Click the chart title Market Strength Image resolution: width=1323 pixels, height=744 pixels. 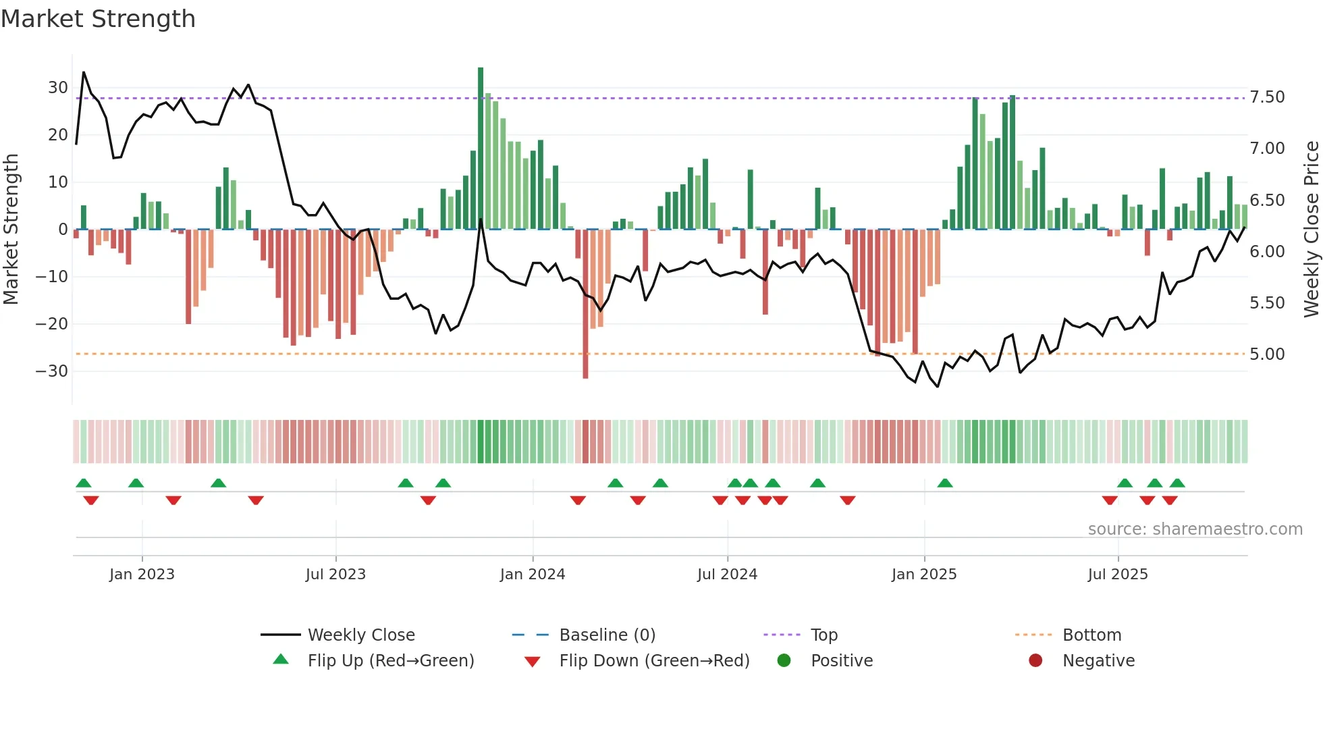pyautogui.click(x=98, y=19)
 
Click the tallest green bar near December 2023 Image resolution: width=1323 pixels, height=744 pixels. pyautogui.click(x=481, y=149)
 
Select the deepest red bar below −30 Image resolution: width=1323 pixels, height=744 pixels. pyautogui.click(x=585, y=304)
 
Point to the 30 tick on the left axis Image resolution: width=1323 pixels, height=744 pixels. pyautogui.click(x=58, y=88)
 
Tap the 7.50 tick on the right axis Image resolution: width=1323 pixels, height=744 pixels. pyautogui.click(x=1267, y=97)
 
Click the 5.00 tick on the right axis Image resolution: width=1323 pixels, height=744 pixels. pyautogui.click(x=1267, y=354)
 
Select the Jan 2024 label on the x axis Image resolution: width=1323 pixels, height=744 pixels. pyautogui.click(x=533, y=575)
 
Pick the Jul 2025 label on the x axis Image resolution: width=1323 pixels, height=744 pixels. pyautogui.click(x=1118, y=575)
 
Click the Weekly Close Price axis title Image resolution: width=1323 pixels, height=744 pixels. pyautogui.click(x=1311, y=230)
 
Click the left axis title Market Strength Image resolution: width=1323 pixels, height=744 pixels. pyautogui.click(x=11, y=230)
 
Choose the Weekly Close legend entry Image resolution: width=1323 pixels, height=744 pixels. pyautogui.click(x=361, y=635)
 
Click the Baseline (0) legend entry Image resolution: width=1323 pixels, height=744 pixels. pyautogui.click(x=607, y=635)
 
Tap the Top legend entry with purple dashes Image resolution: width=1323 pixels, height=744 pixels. pyautogui.click(x=823, y=635)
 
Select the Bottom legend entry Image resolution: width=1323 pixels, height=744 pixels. pyautogui.click(x=1091, y=635)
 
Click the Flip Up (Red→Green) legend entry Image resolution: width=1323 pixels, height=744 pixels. pyautogui.click(x=390, y=661)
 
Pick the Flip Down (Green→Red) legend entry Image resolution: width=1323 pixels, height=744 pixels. pyautogui.click(x=654, y=661)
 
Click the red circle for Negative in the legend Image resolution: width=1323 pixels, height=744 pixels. pyautogui.click(x=1035, y=661)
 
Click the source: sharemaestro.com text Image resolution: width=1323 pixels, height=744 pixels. pyautogui.click(x=1195, y=529)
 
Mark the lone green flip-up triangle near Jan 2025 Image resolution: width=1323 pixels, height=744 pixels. pyautogui.click(x=945, y=483)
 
